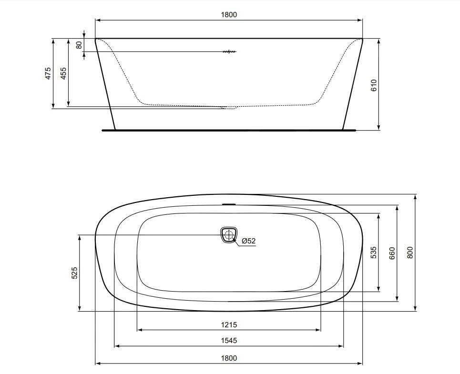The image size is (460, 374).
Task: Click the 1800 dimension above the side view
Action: (229, 15)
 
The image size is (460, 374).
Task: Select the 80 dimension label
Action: (79, 45)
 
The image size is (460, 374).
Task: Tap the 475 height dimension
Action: (48, 73)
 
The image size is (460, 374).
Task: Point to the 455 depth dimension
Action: (63, 73)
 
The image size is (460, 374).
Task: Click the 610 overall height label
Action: (374, 85)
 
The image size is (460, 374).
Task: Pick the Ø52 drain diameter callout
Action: (249, 241)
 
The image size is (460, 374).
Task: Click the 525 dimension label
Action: (74, 273)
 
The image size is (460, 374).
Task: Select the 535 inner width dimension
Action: (373, 253)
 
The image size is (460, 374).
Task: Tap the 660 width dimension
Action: (392, 253)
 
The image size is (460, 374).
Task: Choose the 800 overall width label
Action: (410, 253)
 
